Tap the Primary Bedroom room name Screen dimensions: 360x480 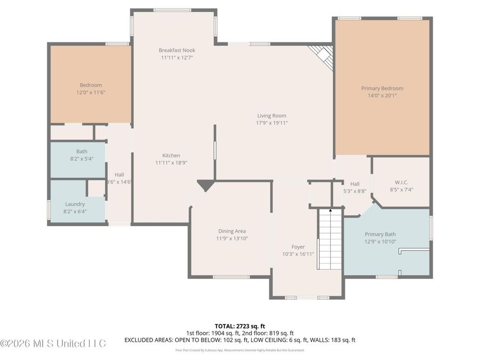(382, 89)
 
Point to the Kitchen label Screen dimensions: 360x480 (171, 155)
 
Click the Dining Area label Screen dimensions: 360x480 (232, 231)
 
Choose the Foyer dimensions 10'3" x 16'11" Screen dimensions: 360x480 (298, 254)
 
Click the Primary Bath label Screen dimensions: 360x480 (380, 234)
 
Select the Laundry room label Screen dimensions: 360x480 (75, 204)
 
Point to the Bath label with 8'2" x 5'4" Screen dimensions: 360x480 (82, 151)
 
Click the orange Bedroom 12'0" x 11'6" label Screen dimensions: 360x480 (91, 85)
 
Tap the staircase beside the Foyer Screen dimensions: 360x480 (330, 240)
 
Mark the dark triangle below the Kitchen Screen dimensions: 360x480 (205, 185)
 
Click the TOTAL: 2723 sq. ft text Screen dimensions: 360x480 (239, 325)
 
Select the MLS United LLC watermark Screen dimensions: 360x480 (53, 343)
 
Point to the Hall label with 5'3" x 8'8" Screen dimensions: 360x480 (355, 184)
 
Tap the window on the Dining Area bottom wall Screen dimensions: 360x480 (223, 277)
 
